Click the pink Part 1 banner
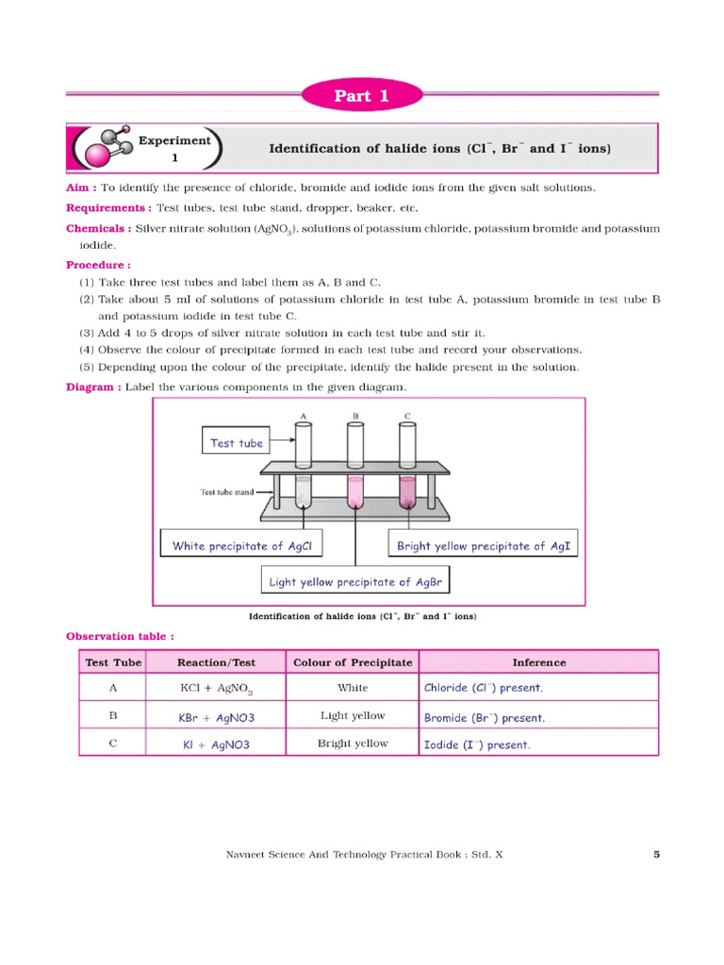(362, 96)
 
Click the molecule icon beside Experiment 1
(103, 147)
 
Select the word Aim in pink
(80, 188)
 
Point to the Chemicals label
(98, 228)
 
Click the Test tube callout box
(237, 442)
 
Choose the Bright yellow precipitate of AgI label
(484, 546)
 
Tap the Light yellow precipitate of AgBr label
(355, 581)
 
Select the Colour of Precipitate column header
(353, 662)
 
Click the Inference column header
(538, 662)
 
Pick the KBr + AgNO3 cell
(217, 717)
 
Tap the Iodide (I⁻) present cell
(477, 744)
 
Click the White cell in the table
(353, 688)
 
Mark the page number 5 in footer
(656, 855)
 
